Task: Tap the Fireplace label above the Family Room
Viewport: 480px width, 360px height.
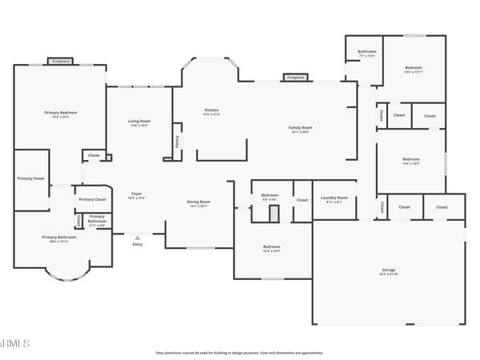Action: [x=295, y=78]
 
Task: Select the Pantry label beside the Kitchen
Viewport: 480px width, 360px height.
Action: [x=176, y=142]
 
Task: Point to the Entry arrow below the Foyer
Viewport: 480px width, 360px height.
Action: [x=138, y=237]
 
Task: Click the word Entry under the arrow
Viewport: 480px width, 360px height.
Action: [x=138, y=244]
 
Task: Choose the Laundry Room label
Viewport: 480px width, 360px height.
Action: [x=334, y=198]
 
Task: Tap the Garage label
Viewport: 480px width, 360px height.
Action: [x=388, y=270]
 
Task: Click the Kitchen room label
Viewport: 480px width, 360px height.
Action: [x=211, y=110]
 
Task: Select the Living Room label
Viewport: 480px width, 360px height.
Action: [x=139, y=121]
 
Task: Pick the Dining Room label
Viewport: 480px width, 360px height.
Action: [x=198, y=202]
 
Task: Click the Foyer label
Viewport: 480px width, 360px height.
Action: [x=137, y=194]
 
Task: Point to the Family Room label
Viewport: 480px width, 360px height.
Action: [x=301, y=127]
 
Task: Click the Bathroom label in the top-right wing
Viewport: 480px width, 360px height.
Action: [x=366, y=52]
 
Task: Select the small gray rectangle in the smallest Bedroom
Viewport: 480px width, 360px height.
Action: [x=273, y=212]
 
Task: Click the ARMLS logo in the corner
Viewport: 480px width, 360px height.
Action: [x=14, y=343]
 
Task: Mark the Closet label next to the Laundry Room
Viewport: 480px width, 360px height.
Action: [x=302, y=200]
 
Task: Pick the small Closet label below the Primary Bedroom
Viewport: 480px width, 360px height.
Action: [x=94, y=155]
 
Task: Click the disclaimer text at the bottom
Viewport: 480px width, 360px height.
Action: [x=238, y=351]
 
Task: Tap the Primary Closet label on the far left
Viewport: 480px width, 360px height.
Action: [x=30, y=178]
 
